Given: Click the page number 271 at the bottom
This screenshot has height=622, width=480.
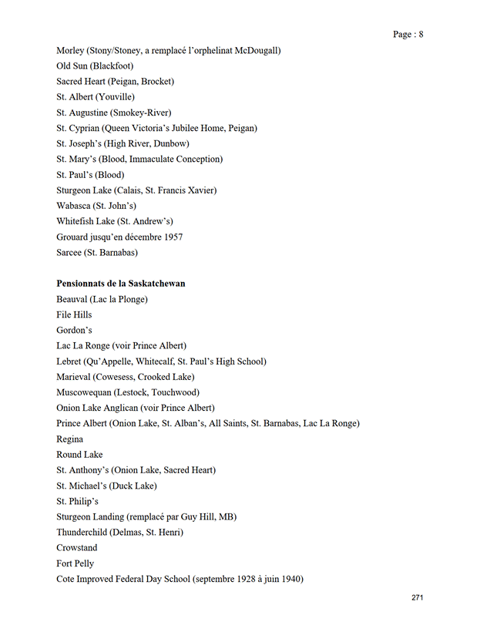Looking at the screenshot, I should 418,598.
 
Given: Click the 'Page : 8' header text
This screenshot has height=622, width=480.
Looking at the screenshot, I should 408,34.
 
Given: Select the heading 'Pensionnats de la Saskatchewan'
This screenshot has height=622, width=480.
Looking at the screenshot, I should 120,284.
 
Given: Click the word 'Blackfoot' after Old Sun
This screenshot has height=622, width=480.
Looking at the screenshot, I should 114,66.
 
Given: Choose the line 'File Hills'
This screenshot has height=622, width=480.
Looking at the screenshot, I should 74,314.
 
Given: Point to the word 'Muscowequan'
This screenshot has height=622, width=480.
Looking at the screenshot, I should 86,392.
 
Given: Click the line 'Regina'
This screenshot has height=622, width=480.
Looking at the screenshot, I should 70,439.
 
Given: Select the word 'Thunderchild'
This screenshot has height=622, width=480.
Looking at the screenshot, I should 83,533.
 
